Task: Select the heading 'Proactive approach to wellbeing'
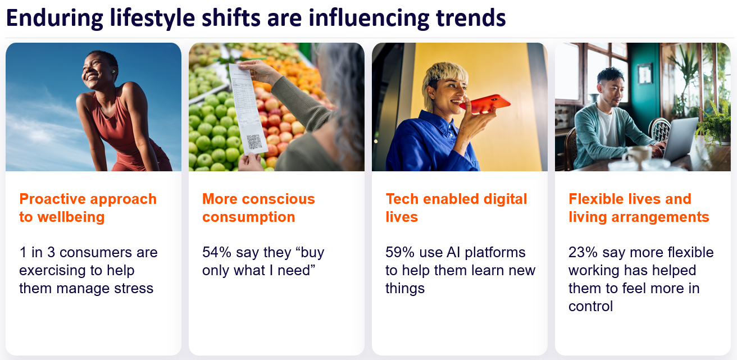click(x=88, y=208)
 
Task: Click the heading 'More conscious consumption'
click(x=258, y=208)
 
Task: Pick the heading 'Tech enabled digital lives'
click(x=456, y=208)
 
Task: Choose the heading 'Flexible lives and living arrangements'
click(x=639, y=208)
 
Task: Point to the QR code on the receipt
click(x=254, y=142)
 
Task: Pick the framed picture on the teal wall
click(x=644, y=74)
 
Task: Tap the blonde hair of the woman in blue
click(x=444, y=73)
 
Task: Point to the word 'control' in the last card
click(x=590, y=307)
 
